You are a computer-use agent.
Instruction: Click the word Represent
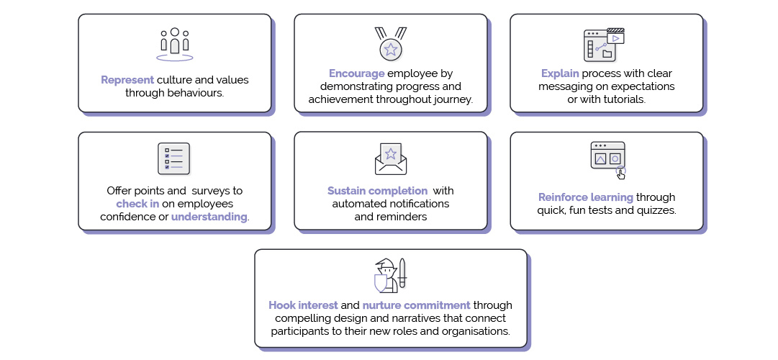coord(127,80)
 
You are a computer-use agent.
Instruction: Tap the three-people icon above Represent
coord(175,45)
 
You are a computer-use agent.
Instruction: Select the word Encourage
coord(357,73)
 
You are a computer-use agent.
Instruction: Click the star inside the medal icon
coord(391,49)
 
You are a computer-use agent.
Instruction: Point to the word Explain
coord(560,73)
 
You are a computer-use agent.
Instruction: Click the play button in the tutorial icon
coord(616,37)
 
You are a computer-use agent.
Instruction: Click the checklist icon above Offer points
coord(173,159)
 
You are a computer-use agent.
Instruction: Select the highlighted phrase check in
coord(138,204)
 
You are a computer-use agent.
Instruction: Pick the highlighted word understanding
coord(209,217)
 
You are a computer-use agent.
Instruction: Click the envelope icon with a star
coord(391,159)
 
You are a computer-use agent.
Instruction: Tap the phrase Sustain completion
coord(378,191)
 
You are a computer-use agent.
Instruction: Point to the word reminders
coord(404,217)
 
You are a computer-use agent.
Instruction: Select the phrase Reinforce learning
coord(586,197)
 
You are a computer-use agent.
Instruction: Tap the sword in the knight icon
coord(402,273)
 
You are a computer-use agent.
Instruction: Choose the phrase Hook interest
coord(303,305)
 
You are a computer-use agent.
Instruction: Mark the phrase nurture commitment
coord(416,305)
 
